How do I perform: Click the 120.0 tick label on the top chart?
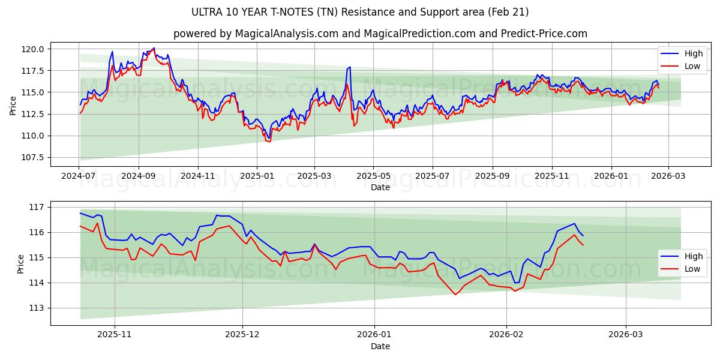click(x=34, y=49)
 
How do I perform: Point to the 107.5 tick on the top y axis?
click(x=34, y=157)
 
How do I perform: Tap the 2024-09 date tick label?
click(x=138, y=176)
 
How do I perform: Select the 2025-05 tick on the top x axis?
click(x=373, y=176)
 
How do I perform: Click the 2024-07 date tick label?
click(x=79, y=176)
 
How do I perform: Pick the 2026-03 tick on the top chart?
click(x=668, y=176)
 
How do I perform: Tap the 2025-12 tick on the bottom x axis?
click(x=242, y=335)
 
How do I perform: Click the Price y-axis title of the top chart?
click(x=13, y=105)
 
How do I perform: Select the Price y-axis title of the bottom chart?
click(x=21, y=263)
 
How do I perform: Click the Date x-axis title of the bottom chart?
click(x=380, y=346)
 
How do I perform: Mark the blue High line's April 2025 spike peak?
click(x=349, y=67)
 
